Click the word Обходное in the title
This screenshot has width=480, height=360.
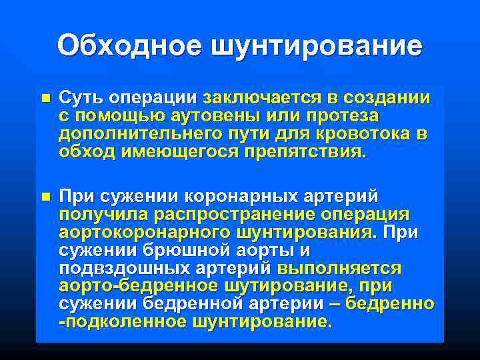coord(129,45)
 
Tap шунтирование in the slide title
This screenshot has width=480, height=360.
coord(317,47)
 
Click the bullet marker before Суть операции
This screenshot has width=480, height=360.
coord(45,97)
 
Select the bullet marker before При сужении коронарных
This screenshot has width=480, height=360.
coord(45,197)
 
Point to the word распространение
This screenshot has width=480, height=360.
coord(236,215)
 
